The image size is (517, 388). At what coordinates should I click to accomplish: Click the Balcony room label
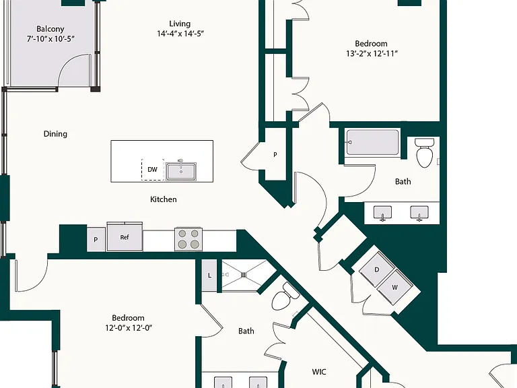pyautogui.click(x=50, y=29)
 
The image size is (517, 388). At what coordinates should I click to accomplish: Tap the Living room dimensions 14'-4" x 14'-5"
pyautogui.click(x=180, y=34)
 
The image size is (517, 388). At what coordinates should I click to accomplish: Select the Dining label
pyautogui.click(x=55, y=134)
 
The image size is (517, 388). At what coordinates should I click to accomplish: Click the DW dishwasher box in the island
pyautogui.click(x=153, y=170)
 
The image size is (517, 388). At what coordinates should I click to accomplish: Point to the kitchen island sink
pyautogui.click(x=181, y=171)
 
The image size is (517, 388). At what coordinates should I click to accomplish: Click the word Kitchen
pyautogui.click(x=163, y=199)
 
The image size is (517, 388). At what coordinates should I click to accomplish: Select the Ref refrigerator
pyautogui.click(x=125, y=237)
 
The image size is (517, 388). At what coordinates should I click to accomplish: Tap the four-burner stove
pyautogui.click(x=188, y=239)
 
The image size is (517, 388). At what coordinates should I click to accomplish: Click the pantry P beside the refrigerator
pyautogui.click(x=96, y=240)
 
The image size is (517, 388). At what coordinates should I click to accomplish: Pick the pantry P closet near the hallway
pyautogui.click(x=275, y=154)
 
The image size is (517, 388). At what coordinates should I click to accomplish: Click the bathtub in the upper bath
pyautogui.click(x=372, y=143)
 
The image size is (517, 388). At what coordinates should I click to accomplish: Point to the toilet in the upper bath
pyautogui.click(x=424, y=153)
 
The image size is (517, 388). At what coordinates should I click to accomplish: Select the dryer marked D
pyautogui.click(x=376, y=269)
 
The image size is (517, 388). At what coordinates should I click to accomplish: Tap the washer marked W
pyautogui.click(x=394, y=288)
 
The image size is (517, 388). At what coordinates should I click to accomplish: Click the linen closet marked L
pyautogui.click(x=209, y=275)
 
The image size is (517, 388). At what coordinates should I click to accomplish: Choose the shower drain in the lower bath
pyautogui.click(x=244, y=275)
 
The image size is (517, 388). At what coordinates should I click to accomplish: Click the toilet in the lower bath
pyautogui.click(x=285, y=296)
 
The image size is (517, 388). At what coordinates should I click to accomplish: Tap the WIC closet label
pyautogui.click(x=319, y=372)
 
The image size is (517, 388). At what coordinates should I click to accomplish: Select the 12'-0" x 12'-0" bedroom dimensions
pyautogui.click(x=129, y=328)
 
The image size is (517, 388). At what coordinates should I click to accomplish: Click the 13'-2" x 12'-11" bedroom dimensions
pyautogui.click(x=372, y=54)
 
